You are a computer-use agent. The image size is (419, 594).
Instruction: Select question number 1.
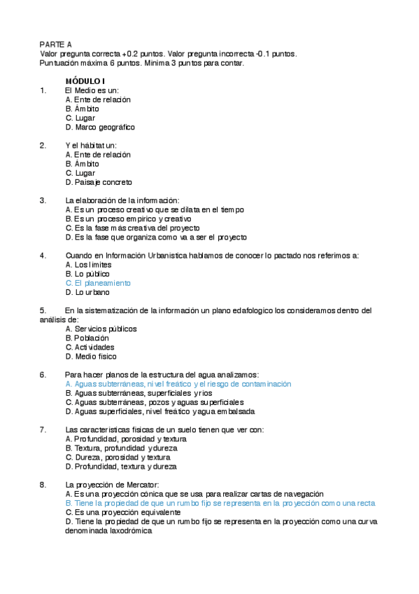click(x=43, y=90)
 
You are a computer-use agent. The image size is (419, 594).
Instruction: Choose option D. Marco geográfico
click(x=100, y=127)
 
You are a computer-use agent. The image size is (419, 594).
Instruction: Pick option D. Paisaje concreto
click(x=99, y=182)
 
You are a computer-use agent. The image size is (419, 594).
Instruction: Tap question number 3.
click(x=43, y=200)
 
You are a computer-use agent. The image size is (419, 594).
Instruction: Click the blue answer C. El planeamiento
click(x=98, y=283)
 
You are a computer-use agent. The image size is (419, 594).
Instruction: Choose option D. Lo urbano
click(x=87, y=292)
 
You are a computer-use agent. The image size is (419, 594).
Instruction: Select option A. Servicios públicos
click(x=101, y=329)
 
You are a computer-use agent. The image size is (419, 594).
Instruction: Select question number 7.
click(x=43, y=429)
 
